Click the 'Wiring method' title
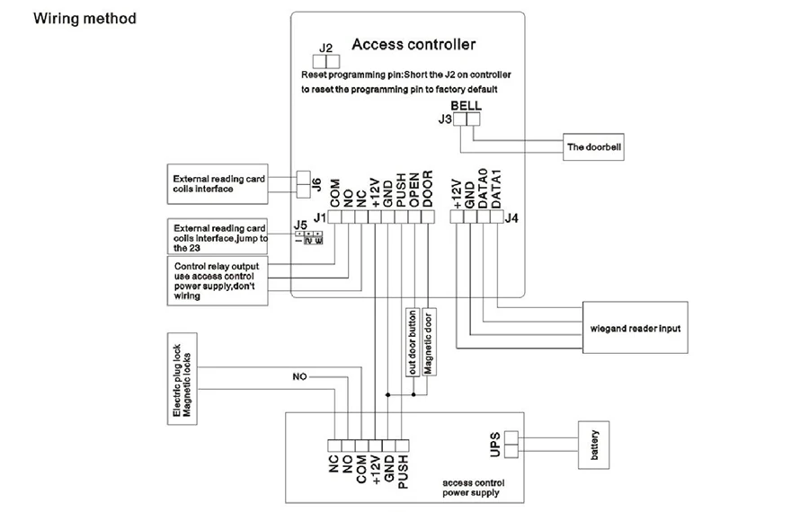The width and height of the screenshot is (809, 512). coord(84,19)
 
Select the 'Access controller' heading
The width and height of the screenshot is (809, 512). coord(413,44)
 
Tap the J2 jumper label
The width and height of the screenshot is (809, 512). coord(325,48)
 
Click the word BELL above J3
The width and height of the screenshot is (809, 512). coord(466,106)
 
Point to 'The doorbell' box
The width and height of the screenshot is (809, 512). coord(593,147)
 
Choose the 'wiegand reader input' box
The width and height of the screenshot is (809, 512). coord(636,328)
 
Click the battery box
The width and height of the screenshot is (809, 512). coord(593,445)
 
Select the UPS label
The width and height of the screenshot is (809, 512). coord(494,445)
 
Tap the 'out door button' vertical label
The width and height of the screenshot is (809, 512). coord(413,342)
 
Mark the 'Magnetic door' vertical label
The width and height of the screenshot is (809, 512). coord(428,342)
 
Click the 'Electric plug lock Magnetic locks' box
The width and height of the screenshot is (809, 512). coord(182,379)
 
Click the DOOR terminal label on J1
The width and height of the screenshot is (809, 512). coord(427,190)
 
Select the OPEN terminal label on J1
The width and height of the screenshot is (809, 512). coord(413,190)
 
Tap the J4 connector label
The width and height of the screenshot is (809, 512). coord(511,218)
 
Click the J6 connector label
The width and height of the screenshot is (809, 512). coord(316,184)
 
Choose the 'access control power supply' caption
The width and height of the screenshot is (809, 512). coord(473,488)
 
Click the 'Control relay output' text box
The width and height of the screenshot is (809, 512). coord(218,281)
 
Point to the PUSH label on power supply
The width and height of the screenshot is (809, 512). coord(403,472)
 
